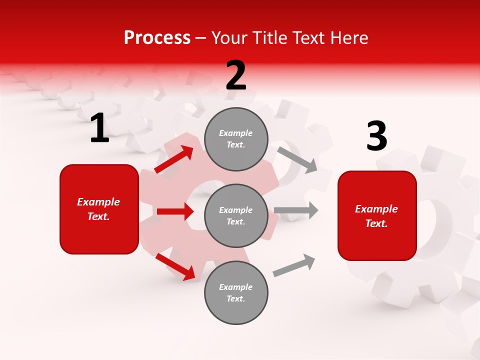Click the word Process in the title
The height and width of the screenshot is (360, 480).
[157, 38]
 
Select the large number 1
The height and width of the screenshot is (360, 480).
[99, 128]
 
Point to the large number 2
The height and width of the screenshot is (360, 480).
[236, 75]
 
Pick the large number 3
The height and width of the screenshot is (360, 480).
[376, 136]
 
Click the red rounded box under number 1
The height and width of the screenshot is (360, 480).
[99, 209]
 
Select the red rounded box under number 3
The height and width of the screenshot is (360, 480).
[377, 216]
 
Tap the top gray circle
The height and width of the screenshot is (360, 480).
[236, 139]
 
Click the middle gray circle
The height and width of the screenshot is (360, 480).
[236, 215]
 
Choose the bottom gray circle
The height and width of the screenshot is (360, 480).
[236, 292]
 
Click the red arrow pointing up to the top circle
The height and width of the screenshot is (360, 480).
[174, 159]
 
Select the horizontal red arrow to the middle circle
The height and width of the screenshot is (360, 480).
[175, 211]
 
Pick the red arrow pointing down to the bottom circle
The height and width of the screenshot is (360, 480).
[175, 266]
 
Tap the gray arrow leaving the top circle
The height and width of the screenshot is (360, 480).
[297, 159]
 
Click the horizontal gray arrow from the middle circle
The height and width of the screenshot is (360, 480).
[295, 210]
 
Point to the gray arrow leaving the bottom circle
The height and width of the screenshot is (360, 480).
[294, 265]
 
